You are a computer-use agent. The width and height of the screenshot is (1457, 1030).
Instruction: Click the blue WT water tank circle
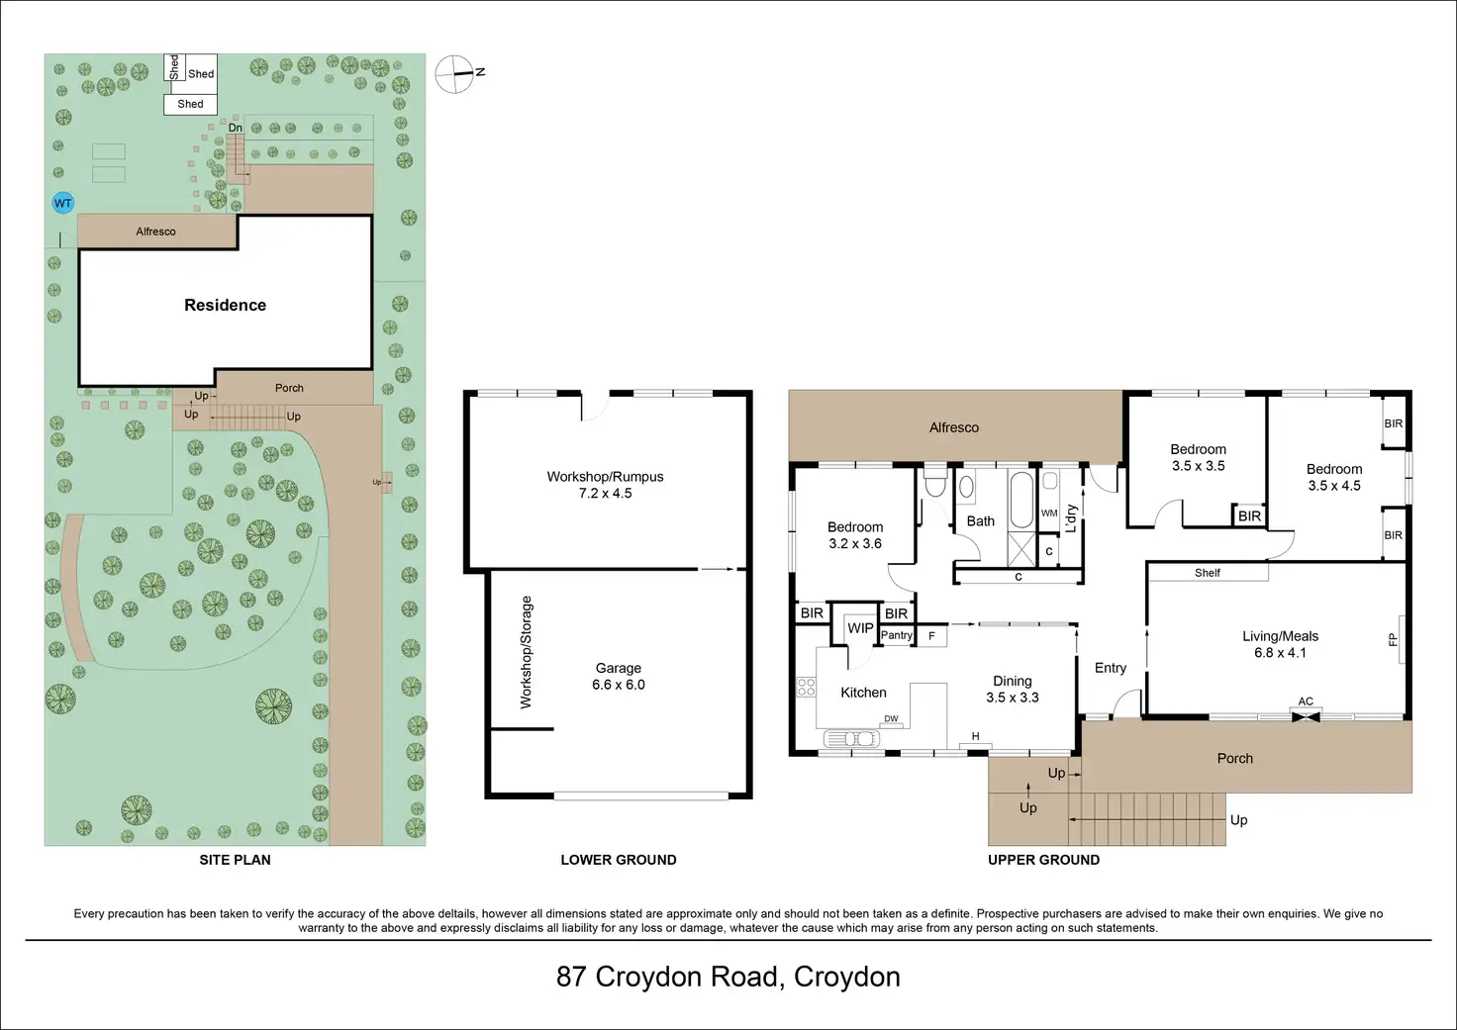63,204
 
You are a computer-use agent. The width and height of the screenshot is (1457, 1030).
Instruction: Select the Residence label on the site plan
225,305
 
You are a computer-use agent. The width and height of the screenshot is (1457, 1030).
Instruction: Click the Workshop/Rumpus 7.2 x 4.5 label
605,485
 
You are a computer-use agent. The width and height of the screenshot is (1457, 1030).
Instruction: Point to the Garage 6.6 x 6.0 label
618,676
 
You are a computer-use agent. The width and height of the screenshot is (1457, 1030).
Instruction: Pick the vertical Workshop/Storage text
527,652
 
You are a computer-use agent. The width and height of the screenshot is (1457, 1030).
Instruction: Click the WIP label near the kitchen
860,628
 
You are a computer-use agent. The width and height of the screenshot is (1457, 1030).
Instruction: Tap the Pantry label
897,635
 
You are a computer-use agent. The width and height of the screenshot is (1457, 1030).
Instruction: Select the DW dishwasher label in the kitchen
891,718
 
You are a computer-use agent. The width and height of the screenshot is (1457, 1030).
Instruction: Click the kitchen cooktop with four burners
806,687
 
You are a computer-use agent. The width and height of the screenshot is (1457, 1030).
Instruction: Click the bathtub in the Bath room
1021,500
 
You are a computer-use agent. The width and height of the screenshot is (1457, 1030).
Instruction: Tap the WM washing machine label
1049,514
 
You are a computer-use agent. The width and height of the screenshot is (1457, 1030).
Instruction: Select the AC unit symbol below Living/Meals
1307,716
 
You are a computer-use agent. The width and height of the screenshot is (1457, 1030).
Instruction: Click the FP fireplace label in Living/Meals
1394,640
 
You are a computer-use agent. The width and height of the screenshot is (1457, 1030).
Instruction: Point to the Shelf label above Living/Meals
1208,573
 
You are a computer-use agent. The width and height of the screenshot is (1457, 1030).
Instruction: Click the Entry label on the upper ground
1111,668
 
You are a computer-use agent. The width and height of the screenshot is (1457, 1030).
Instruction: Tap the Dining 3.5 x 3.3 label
1013,690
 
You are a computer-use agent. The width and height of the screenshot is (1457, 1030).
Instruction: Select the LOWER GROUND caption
619,860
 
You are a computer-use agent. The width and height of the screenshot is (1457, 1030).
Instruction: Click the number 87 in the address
571,977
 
